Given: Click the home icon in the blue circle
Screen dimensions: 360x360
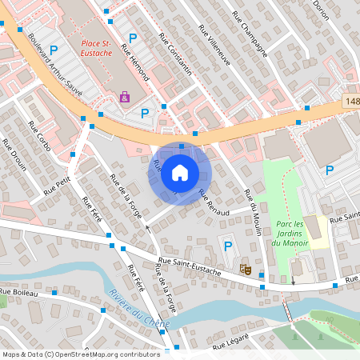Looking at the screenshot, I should (x=180, y=173).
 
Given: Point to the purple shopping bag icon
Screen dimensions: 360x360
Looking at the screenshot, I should (x=125, y=97).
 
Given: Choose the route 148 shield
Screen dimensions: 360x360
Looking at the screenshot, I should (x=354, y=102).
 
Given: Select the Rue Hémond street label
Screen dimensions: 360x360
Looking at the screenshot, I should (x=135, y=62).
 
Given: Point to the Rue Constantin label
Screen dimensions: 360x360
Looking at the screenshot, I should (x=175, y=54).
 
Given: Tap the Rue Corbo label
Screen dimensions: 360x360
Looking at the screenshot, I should (x=39, y=137).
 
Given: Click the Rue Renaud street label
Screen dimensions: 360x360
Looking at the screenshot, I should (x=214, y=204).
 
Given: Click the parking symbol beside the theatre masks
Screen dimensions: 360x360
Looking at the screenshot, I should (x=228, y=248).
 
